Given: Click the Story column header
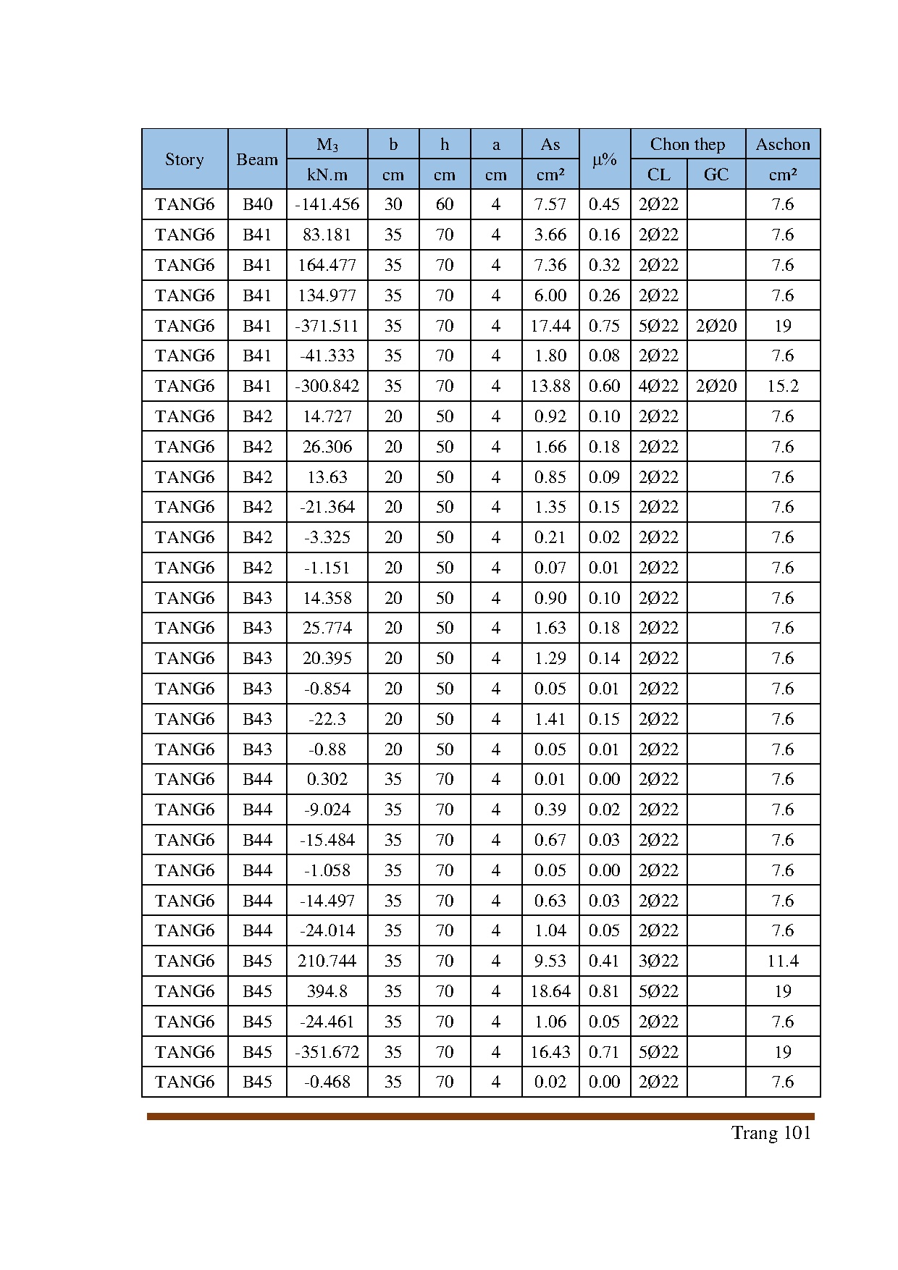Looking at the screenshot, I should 185,159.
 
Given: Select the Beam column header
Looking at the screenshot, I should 257,159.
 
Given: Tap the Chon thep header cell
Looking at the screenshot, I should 687,144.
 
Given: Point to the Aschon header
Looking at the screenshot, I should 783,144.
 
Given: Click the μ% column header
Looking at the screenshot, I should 604,159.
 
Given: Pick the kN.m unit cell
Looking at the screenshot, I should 327,174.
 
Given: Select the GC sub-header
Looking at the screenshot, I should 716,174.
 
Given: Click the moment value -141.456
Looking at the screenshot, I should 327,204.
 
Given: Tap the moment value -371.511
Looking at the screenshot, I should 327,326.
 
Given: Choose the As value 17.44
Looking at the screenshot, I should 550,326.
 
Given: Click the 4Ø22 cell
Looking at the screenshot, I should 658,386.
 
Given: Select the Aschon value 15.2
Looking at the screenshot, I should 783,386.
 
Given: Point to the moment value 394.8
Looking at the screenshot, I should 327,991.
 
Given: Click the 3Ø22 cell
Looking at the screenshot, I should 658,961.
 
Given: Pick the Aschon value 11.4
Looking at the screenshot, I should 783,961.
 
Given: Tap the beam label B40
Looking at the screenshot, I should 257,204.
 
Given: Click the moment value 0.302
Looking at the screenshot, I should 327,779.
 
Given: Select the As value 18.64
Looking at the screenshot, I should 550,991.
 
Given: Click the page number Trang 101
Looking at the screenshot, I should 771,1133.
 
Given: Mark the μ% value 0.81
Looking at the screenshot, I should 604,991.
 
